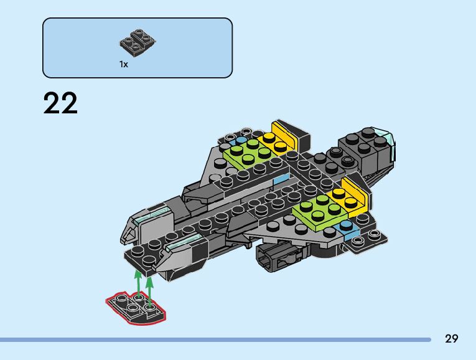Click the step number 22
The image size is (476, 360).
click(61, 104)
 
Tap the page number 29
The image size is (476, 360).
click(452, 339)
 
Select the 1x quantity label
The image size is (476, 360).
click(124, 64)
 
